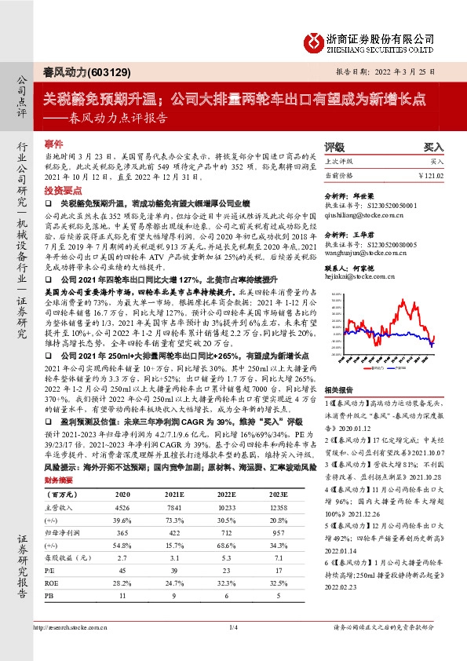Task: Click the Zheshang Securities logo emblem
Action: (314, 40)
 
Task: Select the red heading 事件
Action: (53, 144)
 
